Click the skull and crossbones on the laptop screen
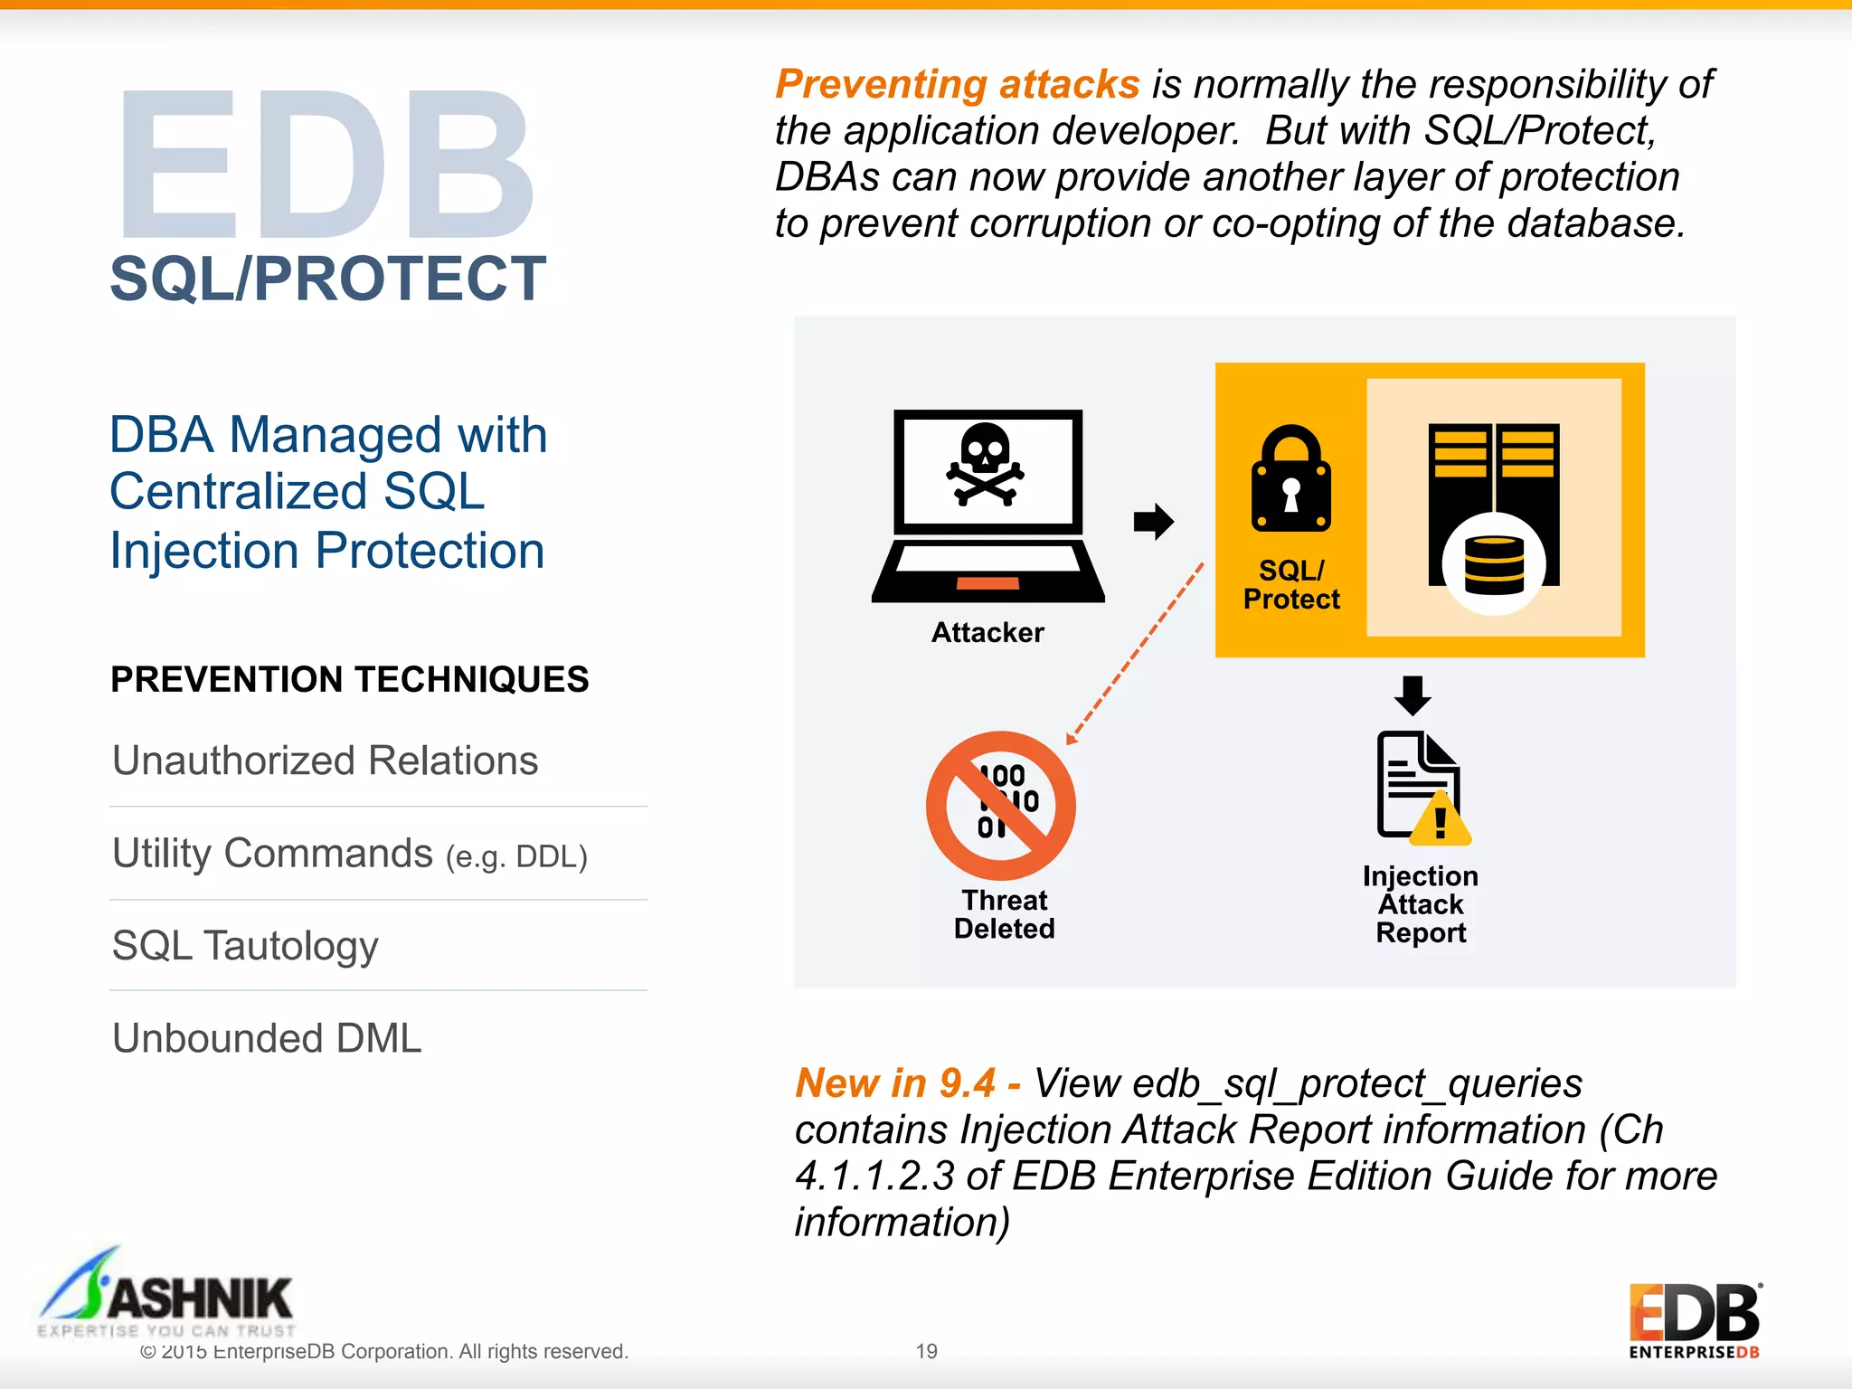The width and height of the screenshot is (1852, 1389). pyautogui.click(x=985, y=465)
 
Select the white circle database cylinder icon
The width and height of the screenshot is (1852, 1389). pyautogui.click(x=1494, y=564)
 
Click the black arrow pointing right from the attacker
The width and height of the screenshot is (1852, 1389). pyautogui.click(x=1153, y=521)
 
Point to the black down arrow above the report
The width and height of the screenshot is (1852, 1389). pyautogui.click(x=1413, y=695)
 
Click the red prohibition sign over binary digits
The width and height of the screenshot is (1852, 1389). pyautogui.click(x=1001, y=805)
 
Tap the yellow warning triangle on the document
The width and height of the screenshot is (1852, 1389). pyautogui.click(x=1441, y=821)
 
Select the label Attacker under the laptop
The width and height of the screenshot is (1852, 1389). pyautogui.click(x=987, y=632)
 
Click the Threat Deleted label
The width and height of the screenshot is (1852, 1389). pyautogui.click(x=1004, y=914)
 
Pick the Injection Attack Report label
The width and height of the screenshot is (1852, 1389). pyautogui.click(x=1421, y=904)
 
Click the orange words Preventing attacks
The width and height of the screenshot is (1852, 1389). pyautogui.click(x=958, y=85)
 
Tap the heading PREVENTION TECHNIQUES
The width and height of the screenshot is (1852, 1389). pyautogui.click(x=349, y=679)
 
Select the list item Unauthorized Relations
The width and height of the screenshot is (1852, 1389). pyautogui.click(x=325, y=761)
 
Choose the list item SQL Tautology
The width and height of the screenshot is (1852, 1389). pyautogui.click(x=245, y=946)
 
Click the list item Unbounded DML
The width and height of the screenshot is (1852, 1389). pyautogui.click(x=267, y=1038)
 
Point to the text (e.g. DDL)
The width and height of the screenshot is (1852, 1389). pyautogui.click(x=516, y=856)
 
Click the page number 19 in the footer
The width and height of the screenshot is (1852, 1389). pyautogui.click(x=926, y=1351)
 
